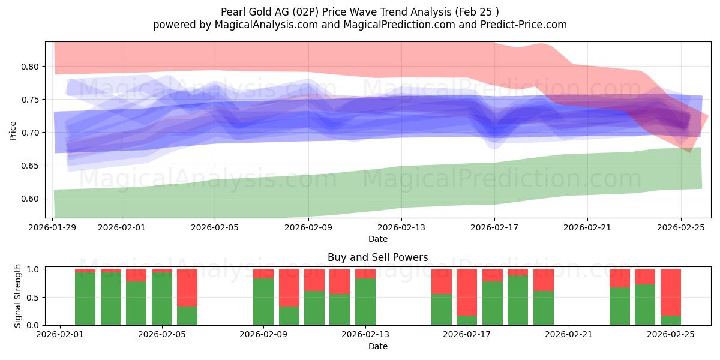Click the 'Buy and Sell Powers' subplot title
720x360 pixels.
[x=377, y=257]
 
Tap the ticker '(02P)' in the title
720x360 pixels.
[x=320, y=11]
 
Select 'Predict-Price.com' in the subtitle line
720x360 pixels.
[x=525, y=25]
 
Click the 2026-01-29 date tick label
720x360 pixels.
[x=53, y=227]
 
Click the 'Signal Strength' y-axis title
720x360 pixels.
[x=18, y=296]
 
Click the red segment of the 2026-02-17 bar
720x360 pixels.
[x=467, y=292]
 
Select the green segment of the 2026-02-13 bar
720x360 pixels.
[x=365, y=302]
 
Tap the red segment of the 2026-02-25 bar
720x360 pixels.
[x=670, y=292]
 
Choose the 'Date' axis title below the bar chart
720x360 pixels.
[x=377, y=346]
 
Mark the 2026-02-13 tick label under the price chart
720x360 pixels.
[x=401, y=227]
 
